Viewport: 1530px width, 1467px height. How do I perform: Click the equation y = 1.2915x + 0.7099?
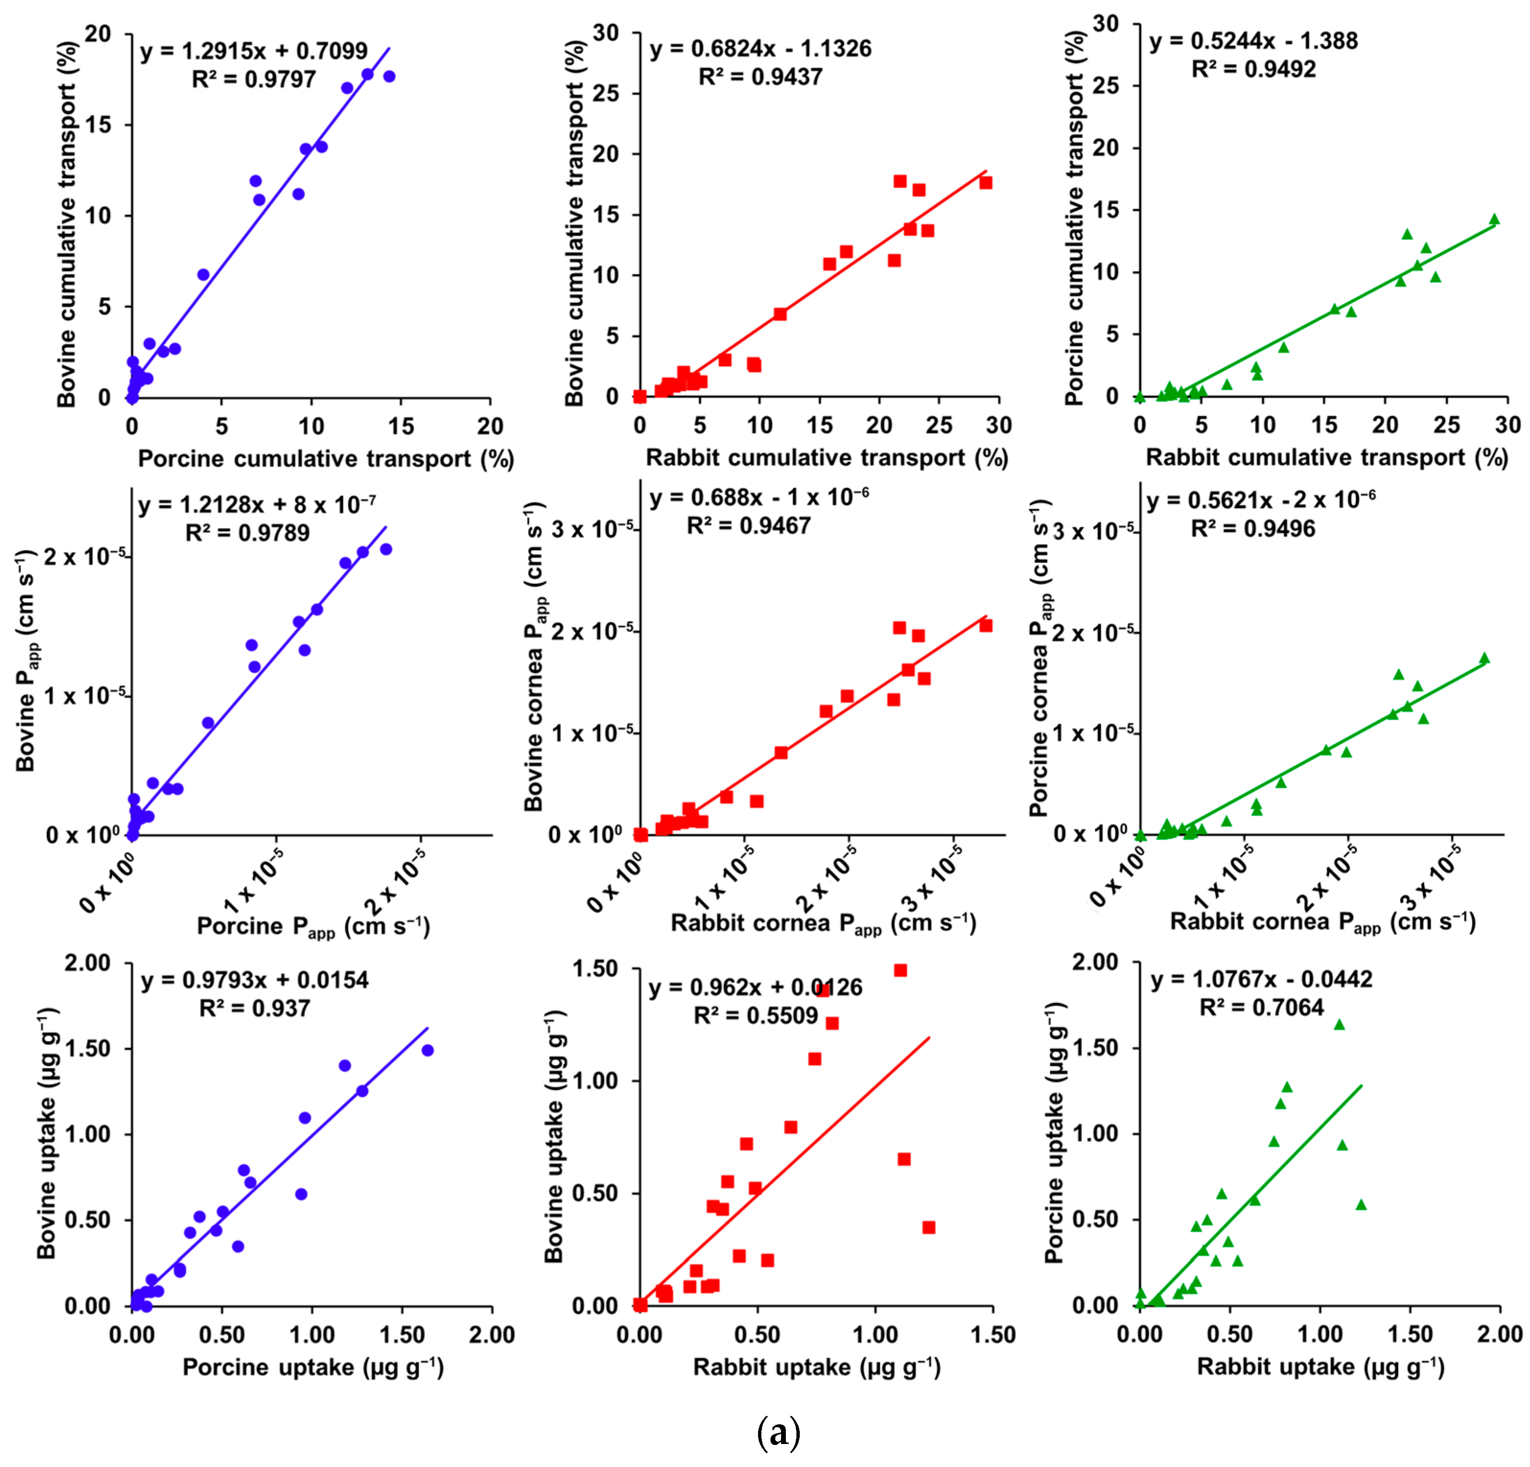click(254, 51)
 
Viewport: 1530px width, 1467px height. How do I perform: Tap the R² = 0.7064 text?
click(1261, 1007)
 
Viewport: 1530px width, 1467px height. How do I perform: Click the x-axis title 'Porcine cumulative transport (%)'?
click(326, 459)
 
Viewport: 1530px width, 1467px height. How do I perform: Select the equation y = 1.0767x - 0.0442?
click(1261, 979)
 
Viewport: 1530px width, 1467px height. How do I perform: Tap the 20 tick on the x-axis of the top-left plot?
click(490, 426)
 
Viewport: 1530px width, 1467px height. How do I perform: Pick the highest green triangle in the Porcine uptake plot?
click(1340, 1025)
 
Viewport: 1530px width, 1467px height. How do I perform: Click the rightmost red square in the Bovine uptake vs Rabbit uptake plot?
click(929, 1227)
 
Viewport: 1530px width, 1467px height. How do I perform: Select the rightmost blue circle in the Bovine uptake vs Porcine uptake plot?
click(428, 1051)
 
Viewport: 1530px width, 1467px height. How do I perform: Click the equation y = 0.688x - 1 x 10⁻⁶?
click(759, 497)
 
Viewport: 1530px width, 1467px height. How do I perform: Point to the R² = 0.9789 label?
click(247, 533)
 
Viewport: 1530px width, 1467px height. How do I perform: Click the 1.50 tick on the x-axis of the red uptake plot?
click(992, 1335)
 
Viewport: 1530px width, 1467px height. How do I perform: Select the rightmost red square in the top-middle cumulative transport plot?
click(986, 183)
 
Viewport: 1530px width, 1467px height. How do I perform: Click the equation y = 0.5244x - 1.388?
click(1254, 41)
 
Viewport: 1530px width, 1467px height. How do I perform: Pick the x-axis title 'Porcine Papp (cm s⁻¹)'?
click(313, 927)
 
